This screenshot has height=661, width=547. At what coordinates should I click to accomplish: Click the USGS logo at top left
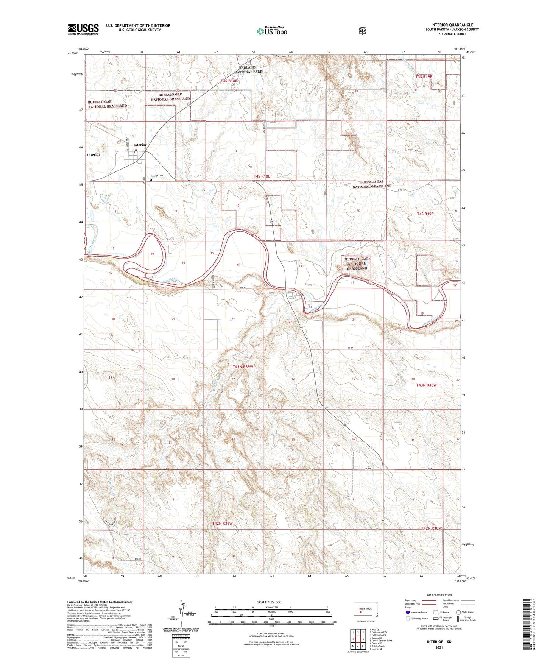83,29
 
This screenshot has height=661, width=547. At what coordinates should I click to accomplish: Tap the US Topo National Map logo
272,31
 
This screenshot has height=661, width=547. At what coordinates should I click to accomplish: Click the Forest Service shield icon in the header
362,31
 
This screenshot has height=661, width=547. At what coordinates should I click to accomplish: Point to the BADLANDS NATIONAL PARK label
248,69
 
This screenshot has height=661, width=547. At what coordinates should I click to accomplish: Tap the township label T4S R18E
262,176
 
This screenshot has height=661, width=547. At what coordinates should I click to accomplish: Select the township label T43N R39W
243,367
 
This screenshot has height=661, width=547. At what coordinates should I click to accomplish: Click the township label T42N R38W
431,528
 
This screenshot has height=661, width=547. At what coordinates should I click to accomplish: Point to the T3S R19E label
424,76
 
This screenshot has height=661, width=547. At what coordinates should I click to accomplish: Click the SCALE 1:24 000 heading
269,602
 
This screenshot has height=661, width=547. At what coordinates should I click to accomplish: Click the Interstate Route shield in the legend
407,612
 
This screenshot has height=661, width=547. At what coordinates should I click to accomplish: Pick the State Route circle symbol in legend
458,612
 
